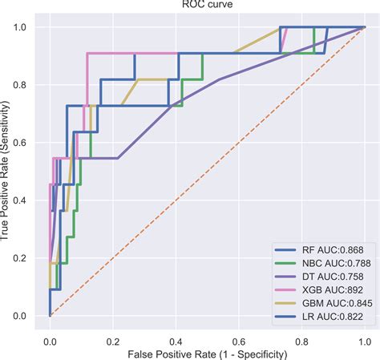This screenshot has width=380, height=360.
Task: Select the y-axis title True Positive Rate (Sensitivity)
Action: (7, 172)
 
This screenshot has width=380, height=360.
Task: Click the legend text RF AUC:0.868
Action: (330, 249)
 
